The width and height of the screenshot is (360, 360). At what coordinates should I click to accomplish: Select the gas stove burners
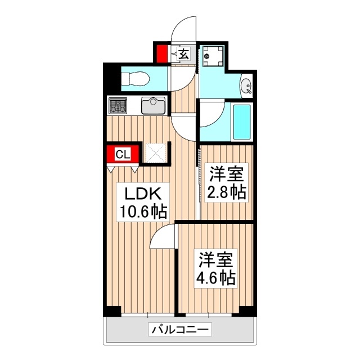[118, 105]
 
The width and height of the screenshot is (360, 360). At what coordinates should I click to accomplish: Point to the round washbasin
[245, 87]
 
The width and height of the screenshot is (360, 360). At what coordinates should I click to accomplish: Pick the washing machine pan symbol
[213, 56]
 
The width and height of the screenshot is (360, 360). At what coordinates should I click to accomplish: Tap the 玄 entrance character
[183, 54]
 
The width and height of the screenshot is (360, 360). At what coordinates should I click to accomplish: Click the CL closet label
[123, 153]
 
